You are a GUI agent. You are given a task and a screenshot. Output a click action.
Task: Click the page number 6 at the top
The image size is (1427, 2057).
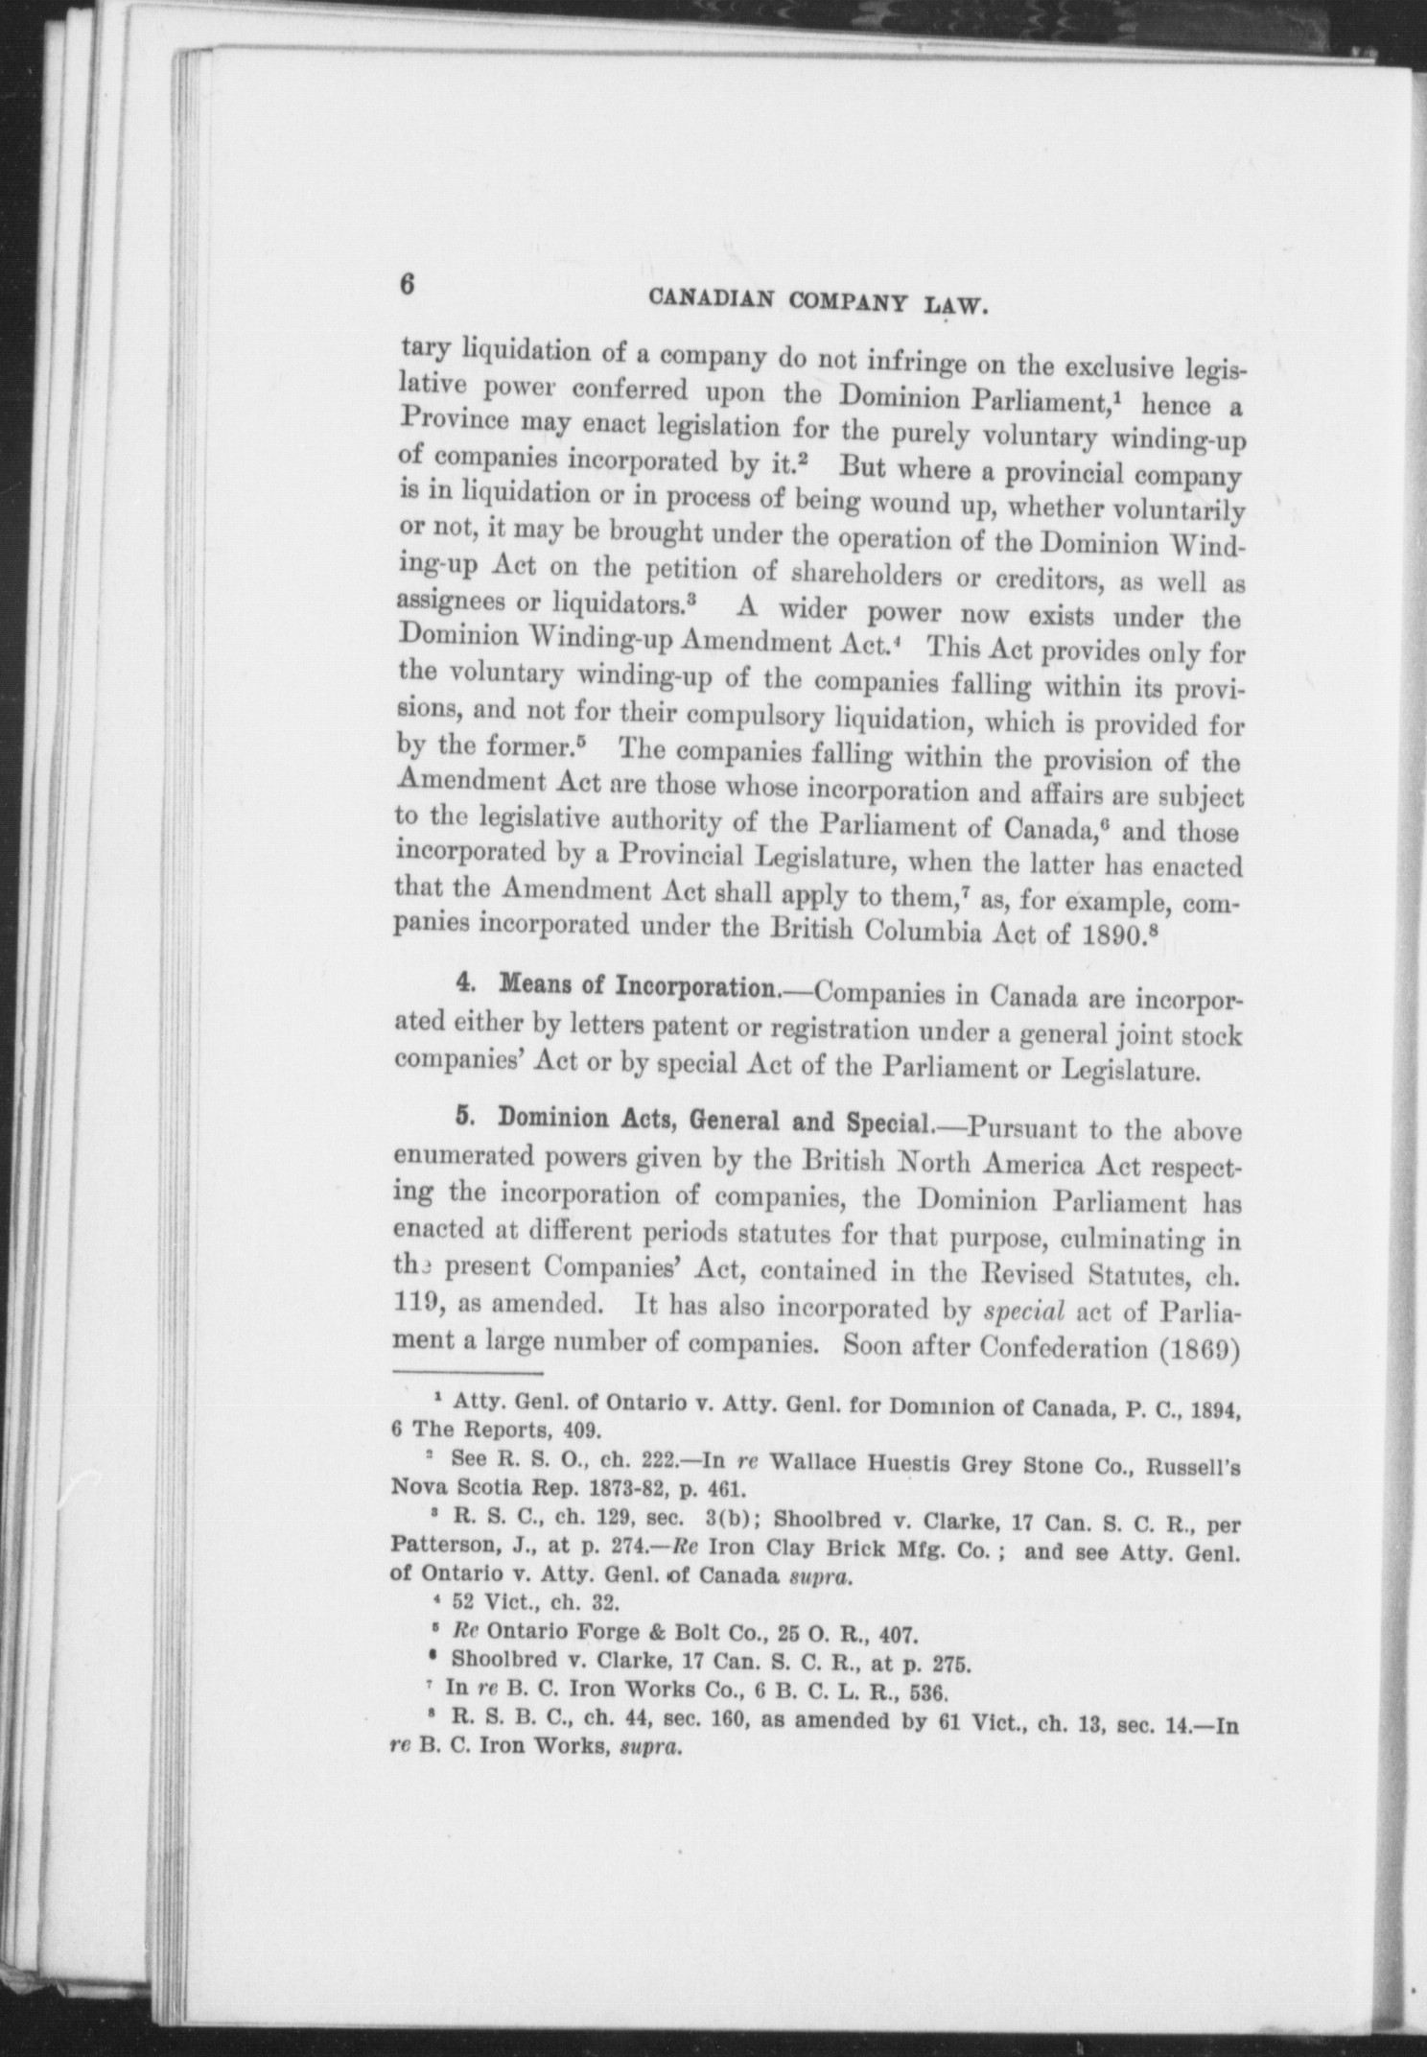[407, 286]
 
